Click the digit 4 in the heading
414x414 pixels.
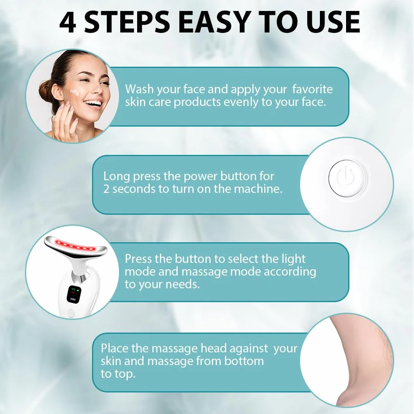(68, 22)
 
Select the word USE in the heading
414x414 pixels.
(333, 22)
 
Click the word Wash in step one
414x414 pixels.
(139, 89)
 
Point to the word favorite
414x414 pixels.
(312, 89)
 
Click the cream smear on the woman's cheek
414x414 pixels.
(74, 92)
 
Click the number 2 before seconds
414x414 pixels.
(106, 189)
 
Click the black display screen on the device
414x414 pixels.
(74, 294)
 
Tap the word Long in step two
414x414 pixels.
(116, 177)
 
